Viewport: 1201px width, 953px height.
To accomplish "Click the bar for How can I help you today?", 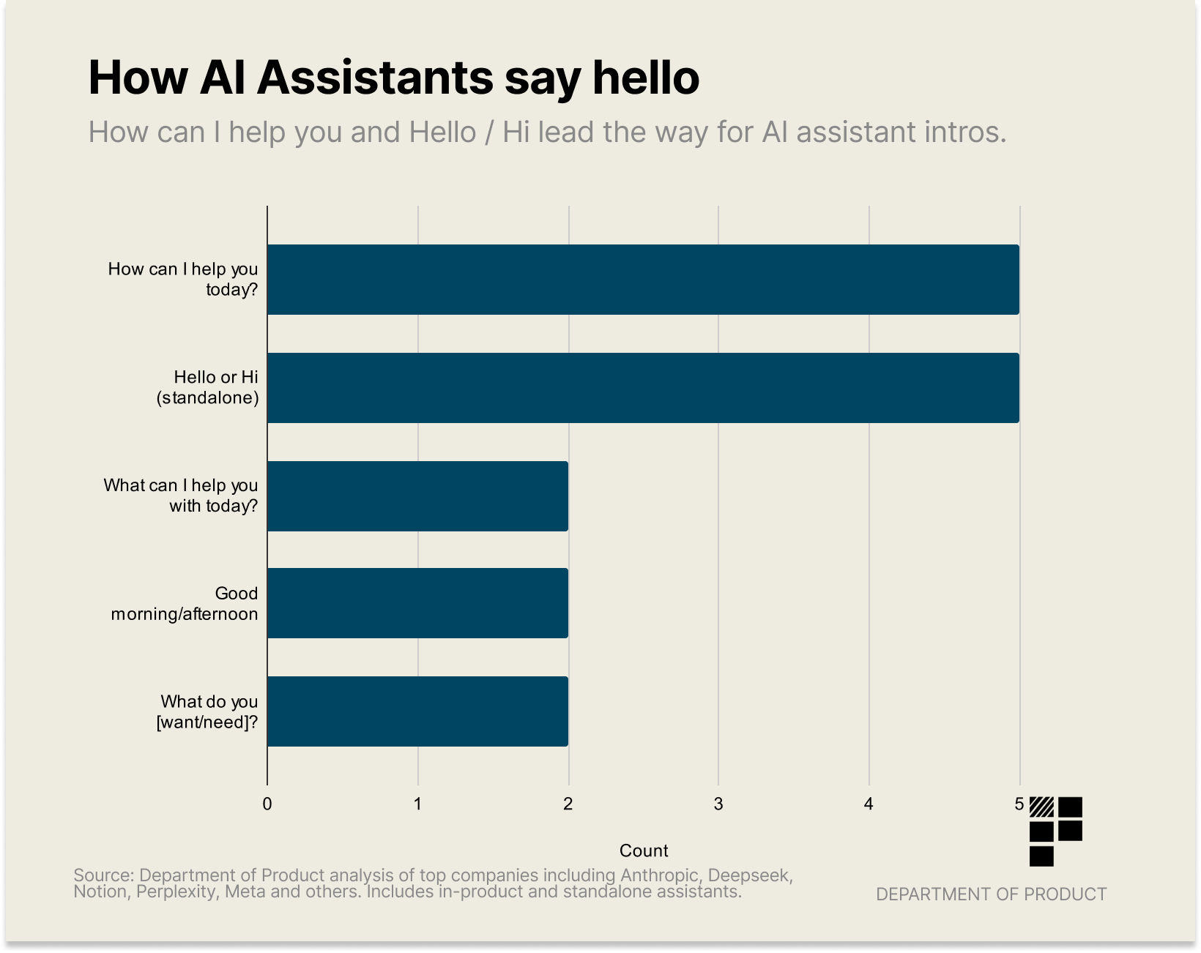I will [x=643, y=280].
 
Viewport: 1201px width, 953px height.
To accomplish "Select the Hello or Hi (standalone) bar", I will [x=643, y=388].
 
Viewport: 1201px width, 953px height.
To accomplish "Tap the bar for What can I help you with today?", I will [x=417, y=496].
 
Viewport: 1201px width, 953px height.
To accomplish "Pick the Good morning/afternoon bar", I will [x=417, y=603].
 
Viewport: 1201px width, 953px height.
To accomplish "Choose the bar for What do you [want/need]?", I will [x=417, y=711].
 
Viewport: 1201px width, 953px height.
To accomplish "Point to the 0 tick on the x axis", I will [x=267, y=804].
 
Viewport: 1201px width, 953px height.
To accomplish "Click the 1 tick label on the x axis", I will [x=417, y=804].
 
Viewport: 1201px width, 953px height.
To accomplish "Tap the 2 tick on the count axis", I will [x=568, y=804].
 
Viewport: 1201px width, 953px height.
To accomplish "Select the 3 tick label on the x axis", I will [x=718, y=804].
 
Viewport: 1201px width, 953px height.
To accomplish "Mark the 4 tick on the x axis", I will [x=869, y=804].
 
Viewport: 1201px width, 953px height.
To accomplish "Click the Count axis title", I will [x=644, y=851].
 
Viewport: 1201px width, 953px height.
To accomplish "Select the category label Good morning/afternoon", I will [x=185, y=604].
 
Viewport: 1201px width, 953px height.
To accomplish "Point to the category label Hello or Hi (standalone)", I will [x=208, y=388].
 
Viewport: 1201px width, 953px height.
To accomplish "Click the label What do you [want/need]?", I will [x=208, y=712].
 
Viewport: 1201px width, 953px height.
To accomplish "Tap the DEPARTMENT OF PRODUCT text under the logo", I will [x=991, y=894].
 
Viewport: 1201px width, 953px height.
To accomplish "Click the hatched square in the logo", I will [x=1041, y=807].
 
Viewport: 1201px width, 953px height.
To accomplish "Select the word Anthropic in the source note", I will [x=659, y=875].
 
